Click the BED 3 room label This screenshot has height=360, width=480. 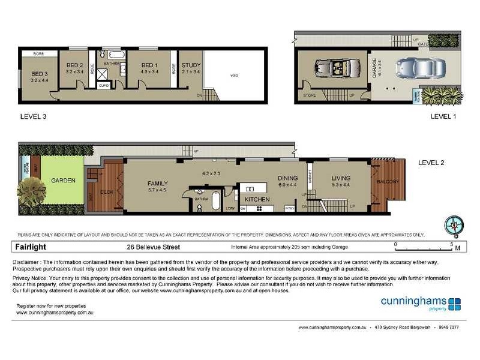31,74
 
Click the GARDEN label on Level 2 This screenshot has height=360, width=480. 62,180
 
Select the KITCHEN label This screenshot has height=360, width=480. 257,198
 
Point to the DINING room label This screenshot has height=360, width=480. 287,178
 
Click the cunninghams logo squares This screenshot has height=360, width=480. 454,304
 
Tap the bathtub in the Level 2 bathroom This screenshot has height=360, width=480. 214,200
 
